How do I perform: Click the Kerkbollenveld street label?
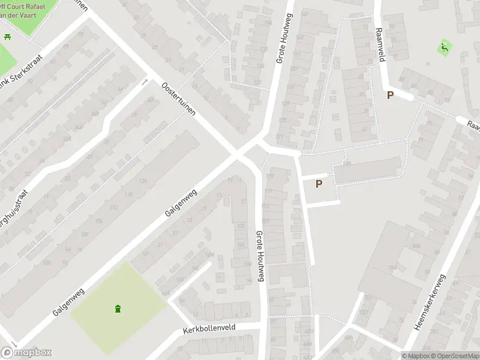pos(210,330)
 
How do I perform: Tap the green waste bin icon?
pos(118,309)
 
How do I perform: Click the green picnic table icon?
pos(8,37)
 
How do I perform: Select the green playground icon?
pos(444,46)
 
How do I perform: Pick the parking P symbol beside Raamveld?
pos(390,95)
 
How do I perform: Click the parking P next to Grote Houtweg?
pos(319,184)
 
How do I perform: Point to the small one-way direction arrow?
pos(144,82)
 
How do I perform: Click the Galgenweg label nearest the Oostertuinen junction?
pos(181,202)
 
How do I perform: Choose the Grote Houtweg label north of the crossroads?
pos(286,47)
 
